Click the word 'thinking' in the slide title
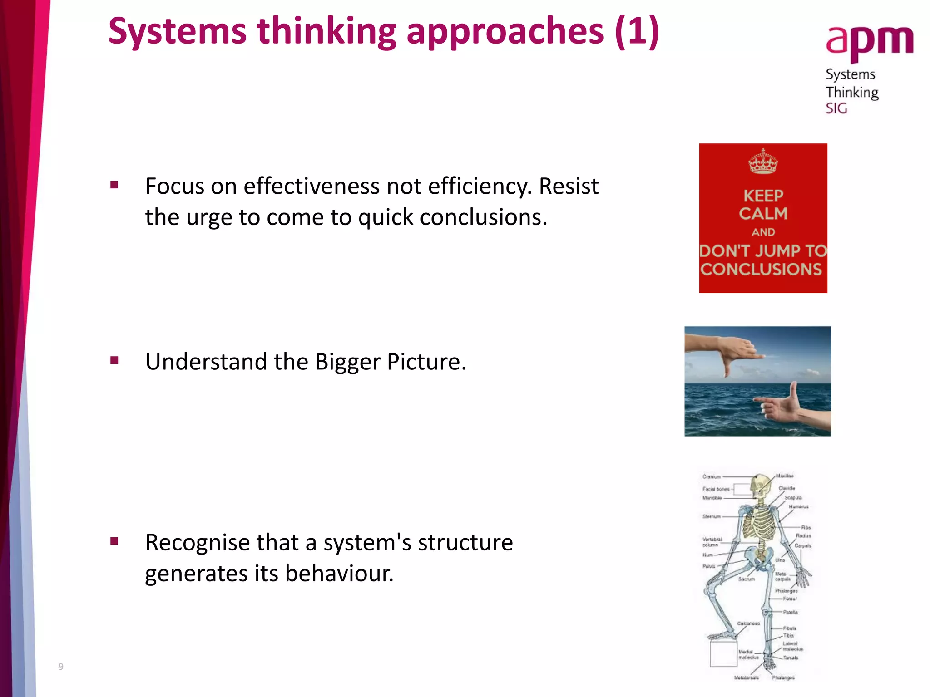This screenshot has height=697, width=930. coord(326,32)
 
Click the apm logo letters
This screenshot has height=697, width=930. coord(869,41)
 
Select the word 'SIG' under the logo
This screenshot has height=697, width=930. coord(836,108)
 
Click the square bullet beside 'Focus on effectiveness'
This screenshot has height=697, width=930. coord(114,185)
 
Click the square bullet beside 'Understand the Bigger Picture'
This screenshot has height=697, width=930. coord(114,361)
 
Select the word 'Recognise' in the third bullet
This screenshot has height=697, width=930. coord(197,543)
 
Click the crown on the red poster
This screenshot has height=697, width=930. coord(763,162)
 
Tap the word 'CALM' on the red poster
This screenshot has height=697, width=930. coord(763,213)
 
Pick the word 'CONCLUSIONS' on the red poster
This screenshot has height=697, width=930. coord(761,270)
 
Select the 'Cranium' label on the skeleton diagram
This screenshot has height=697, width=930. coord(712,477)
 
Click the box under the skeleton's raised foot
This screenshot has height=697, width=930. coord(723,653)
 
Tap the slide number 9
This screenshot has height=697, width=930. coord(61,667)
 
